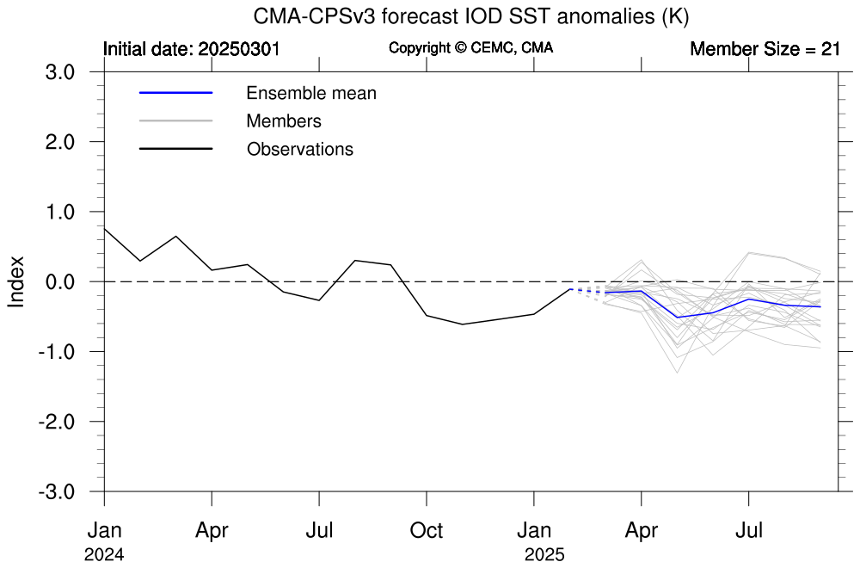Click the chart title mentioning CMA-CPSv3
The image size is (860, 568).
[471, 16]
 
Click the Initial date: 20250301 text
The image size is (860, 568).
[192, 49]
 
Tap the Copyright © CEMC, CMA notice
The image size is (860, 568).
[470, 48]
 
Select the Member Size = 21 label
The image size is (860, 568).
[765, 49]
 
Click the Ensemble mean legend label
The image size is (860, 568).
[311, 93]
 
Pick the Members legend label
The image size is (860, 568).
[284, 121]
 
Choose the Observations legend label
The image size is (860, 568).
[300, 149]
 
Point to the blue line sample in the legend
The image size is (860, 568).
[175, 93]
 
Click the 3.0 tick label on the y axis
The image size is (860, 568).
[60, 71]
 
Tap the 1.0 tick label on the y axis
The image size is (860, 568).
[60, 212]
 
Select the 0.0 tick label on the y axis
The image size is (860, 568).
[60, 281]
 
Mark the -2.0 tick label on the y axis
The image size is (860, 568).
[57, 422]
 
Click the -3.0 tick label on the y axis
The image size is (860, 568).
[57, 491]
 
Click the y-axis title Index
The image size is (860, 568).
[16, 281]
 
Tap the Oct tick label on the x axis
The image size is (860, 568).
[427, 529]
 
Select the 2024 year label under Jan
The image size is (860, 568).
[104, 555]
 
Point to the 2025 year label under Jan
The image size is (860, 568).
[544, 555]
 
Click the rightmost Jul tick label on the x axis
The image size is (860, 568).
[749, 529]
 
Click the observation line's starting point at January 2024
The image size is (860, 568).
[104, 229]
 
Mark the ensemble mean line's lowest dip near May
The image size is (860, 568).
[678, 318]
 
